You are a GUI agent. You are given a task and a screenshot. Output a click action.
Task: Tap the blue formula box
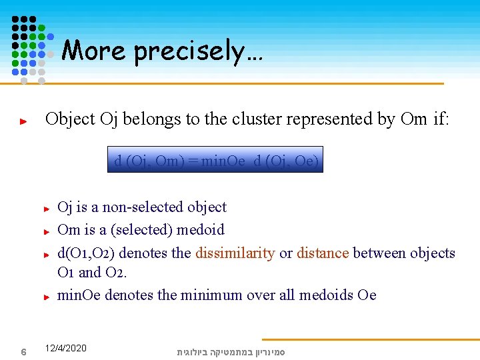[x=215, y=160]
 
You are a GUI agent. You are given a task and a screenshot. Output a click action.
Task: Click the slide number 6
[x=23, y=351]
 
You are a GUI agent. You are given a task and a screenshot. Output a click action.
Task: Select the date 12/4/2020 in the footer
[x=65, y=348]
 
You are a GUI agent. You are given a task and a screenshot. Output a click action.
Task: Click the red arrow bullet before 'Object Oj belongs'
[x=23, y=122]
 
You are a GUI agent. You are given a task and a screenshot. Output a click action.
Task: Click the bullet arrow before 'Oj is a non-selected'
[x=47, y=209]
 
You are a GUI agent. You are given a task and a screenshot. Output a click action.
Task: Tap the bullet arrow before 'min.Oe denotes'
[x=47, y=297]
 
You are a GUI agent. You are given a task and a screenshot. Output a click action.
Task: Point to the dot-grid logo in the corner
[x=29, y=48]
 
